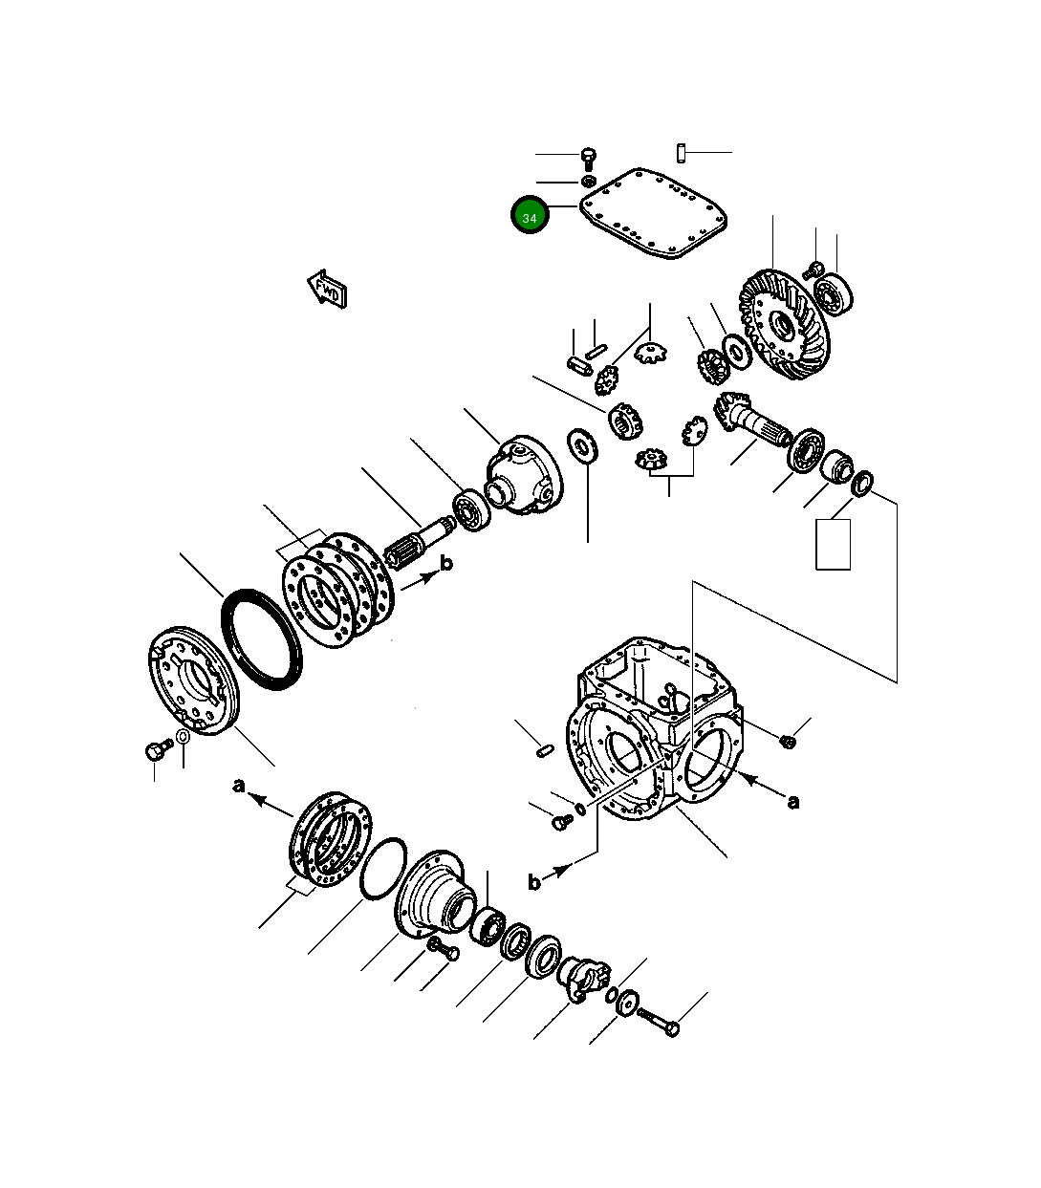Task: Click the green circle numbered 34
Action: point(530,217)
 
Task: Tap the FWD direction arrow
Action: point(327,289)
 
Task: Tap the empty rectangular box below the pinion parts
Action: point(833,545)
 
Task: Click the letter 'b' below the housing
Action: point(534,881)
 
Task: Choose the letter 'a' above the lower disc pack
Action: point(239,786)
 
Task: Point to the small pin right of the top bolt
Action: point(681,152)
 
